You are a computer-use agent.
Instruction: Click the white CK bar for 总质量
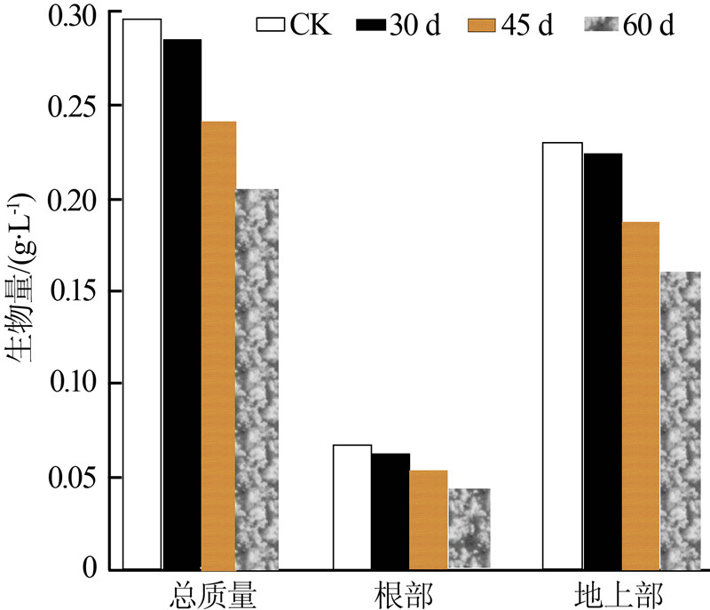click(142, 293)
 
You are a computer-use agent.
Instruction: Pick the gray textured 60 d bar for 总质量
click(256, 378)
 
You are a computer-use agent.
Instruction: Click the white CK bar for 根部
click(352, 506)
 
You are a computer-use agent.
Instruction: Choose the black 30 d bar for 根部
click(390, 511)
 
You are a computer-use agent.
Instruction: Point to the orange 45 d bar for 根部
click(428, 519)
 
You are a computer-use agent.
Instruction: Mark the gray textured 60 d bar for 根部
click(469, 528)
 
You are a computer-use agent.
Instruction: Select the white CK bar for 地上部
click(563, 355)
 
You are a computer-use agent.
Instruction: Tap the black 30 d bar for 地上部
click(602, 360)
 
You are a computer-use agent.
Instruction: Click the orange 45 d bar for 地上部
click(640, 394)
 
